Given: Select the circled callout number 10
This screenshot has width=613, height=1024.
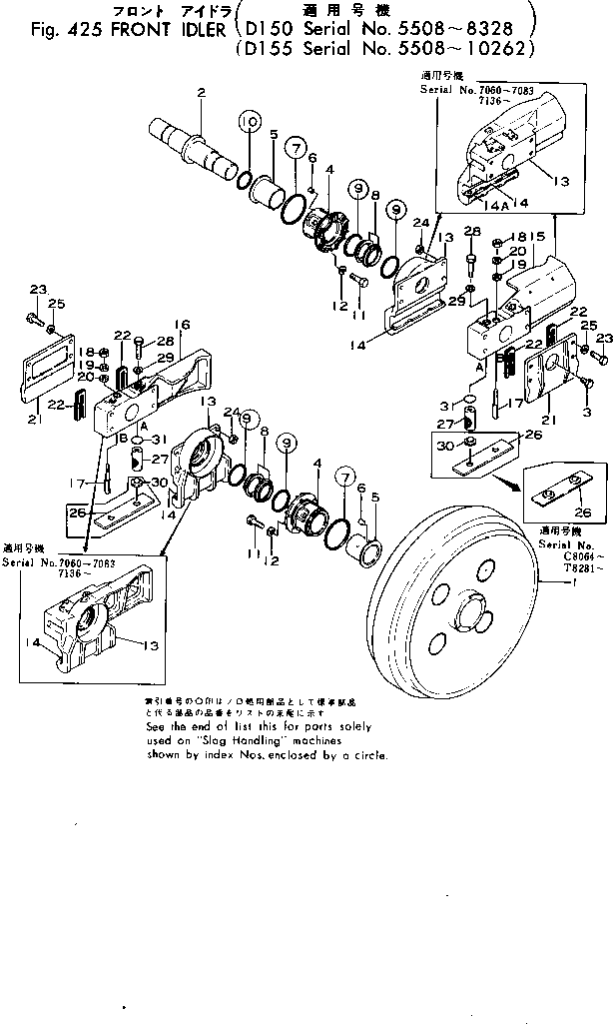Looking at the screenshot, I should coord(249,122).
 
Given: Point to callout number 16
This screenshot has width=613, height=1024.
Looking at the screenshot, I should coord(182,325).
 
